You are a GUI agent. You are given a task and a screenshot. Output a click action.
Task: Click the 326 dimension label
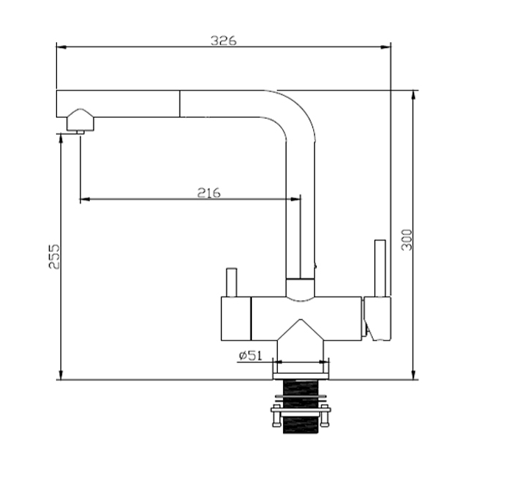224,41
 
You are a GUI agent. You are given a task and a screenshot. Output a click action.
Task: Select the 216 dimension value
209,193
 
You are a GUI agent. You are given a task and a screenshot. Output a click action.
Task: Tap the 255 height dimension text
55,257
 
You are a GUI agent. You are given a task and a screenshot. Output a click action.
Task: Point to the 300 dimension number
407,240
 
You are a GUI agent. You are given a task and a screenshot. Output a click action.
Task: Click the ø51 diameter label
251,355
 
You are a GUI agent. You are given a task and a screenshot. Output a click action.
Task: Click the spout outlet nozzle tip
80,133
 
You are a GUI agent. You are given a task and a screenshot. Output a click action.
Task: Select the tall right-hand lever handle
380,268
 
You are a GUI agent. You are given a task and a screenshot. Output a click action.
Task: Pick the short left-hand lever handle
231,282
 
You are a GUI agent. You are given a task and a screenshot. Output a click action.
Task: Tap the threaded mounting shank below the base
301,406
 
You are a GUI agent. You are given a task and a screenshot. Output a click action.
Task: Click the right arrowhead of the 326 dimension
386,47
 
